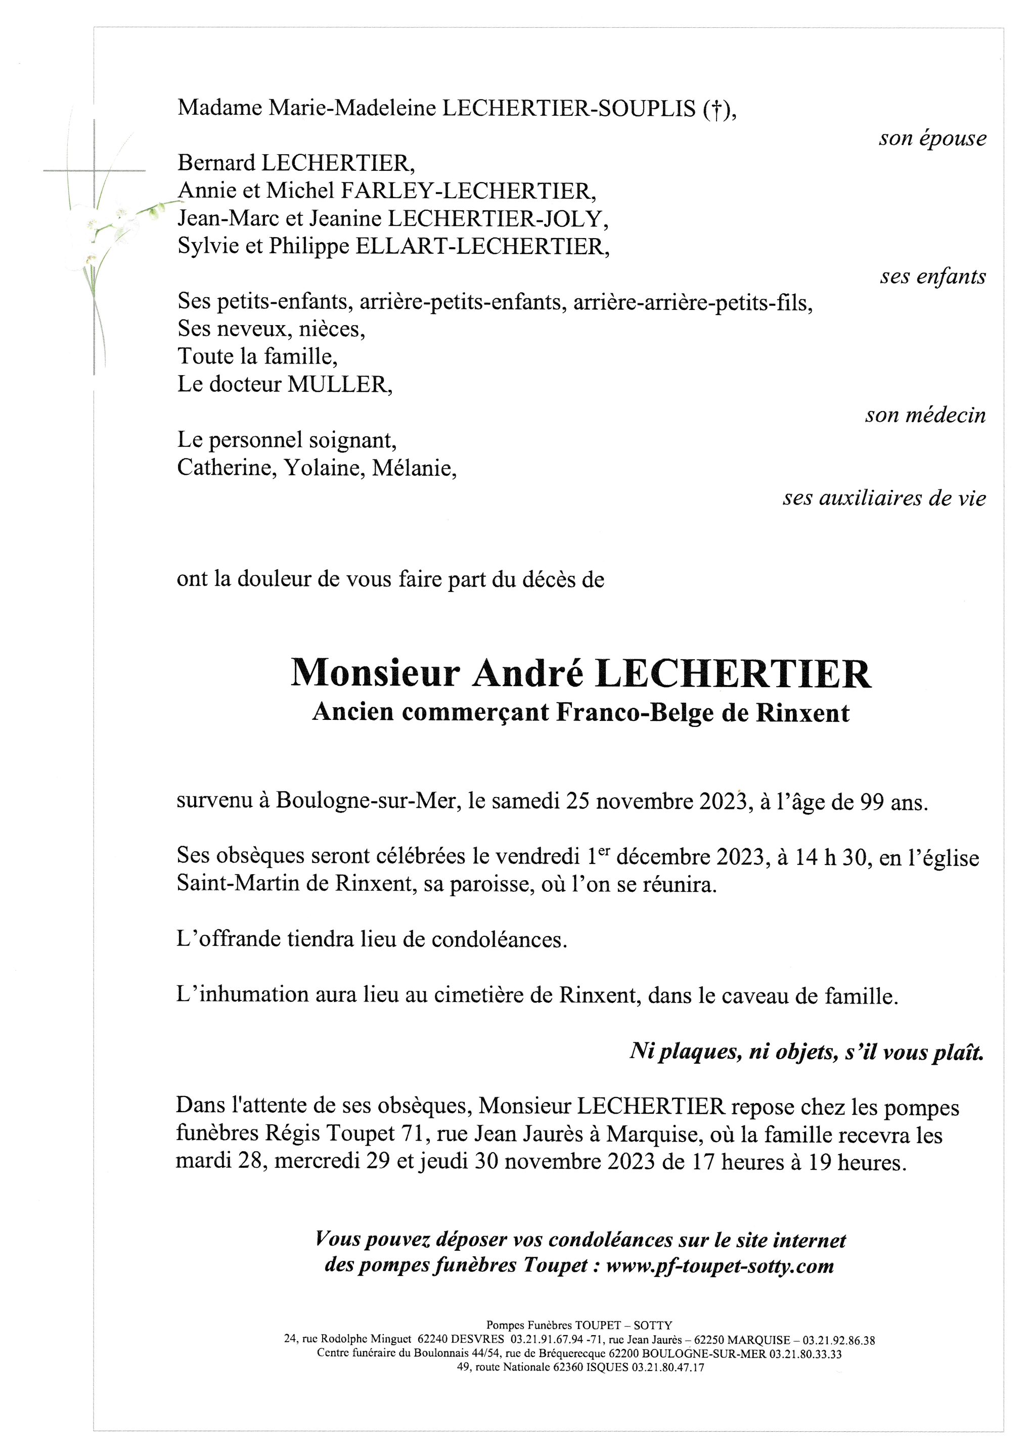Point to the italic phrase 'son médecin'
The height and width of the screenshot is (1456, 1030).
pos(925,416)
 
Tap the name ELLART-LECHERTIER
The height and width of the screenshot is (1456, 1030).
pos(481,246)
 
